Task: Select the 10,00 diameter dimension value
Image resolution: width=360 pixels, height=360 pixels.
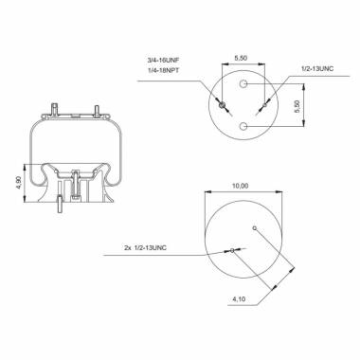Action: [x=242, y=186]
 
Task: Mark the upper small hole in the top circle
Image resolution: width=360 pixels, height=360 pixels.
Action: [x=244, y=85]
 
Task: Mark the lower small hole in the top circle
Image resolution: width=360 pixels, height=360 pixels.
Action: [x=244, y=125]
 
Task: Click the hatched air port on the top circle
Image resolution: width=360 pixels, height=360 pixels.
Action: [x=223, y=106]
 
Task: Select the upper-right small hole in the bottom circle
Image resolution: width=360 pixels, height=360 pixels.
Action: [x=256, y=227]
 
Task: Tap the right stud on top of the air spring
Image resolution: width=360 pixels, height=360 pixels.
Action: [x=97, y=110]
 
